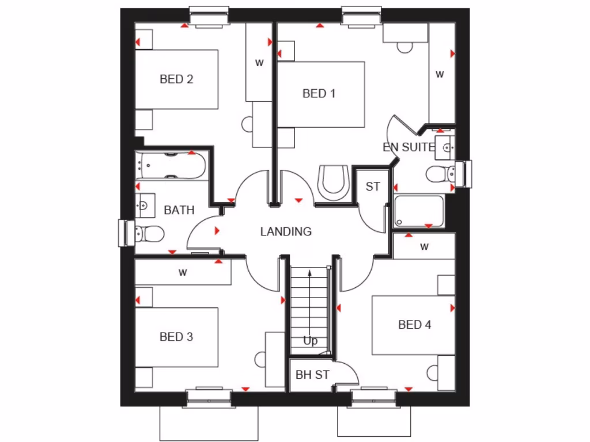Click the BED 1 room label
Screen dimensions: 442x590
coord(319,93)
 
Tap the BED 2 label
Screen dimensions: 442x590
coord(176,79)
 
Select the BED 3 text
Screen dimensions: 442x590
coord(176,337)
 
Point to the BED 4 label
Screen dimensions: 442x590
coord(414,325)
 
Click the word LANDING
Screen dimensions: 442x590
coord(286,232)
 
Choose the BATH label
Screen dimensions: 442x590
coord(179,210)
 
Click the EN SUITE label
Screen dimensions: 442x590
coord(409,147)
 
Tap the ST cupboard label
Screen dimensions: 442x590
coord(373,186)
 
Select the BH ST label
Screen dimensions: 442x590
coord(312,375)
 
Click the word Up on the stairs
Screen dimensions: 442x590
coord(310,341)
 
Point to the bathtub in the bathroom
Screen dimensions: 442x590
coord(171,166)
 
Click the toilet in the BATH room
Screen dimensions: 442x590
coord(149,234)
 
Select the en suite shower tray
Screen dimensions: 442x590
coord(419,211)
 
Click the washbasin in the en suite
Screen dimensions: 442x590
coord(445,147)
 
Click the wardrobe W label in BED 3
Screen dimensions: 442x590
coord(183,273)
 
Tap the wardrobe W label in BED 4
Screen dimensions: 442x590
coord(425,247)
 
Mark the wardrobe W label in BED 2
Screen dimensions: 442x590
coord(259,63)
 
